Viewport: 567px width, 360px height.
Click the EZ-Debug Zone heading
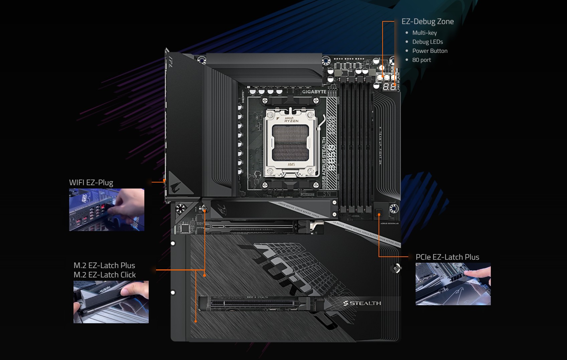pyautogui.click(x=427, y=21)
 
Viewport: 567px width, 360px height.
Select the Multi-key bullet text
pyautogui.click(x=424, y=33)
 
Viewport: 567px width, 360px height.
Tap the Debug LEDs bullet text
pyautogui.click(x=427, y=42)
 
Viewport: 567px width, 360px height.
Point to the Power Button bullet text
pyautogui.click(x=430, y=51)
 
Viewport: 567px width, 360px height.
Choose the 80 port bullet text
pyautogui.click(x=421, y=60)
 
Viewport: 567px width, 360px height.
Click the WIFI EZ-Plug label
pyautogui.click(x=91, y=183)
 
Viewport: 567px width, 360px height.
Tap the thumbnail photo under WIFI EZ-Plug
pyautogui.click(x=107, y=210)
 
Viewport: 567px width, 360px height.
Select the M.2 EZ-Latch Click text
pyautogui.click(x=105, y=275)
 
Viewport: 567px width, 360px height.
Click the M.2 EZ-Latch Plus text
pyautogui.click(x=104, y=265)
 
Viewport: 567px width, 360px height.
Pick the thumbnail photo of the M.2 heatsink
pyautogui.click(x=111, y=302)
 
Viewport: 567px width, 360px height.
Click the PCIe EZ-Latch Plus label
pyautogui.click(x=447, y=257)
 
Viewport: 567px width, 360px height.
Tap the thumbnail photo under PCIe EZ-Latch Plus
pyautogui.click(x=453, y=284)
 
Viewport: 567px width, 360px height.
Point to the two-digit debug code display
pyautogui.click(x=389, y=87)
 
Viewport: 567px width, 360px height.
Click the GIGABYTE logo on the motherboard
pyautogui.click(x=314, y=92)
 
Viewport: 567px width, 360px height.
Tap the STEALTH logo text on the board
pyautogui.click(x=362, y=303)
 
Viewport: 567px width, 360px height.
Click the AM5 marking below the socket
pyautogui.click(x=291, y=164)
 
